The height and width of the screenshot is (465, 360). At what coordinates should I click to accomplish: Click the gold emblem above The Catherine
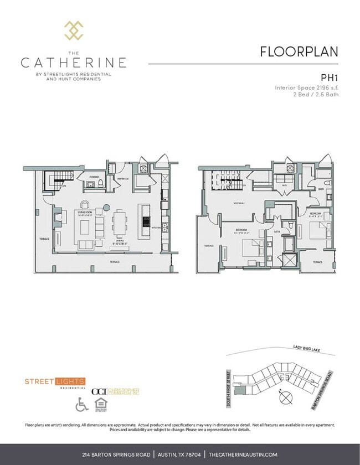pos(74,30)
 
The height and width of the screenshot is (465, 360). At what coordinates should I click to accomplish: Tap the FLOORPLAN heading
pos(299,51)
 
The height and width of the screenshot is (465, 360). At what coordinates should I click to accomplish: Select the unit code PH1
pos(329,78)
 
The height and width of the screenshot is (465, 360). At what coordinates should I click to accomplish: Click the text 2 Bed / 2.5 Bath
pos(315,94)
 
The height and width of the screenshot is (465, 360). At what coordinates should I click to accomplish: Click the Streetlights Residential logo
pos(55,383)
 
